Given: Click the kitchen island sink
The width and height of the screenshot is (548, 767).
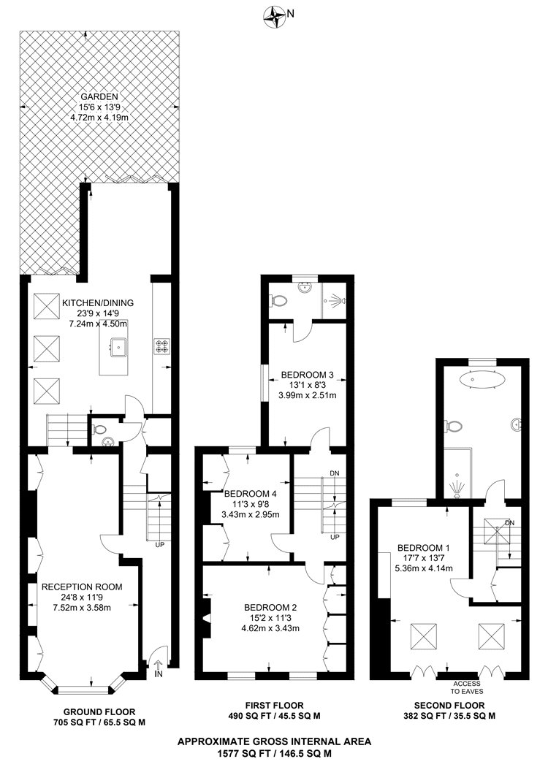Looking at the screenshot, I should click(117, 348).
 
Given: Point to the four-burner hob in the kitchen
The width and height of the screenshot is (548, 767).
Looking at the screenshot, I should click(161, 346).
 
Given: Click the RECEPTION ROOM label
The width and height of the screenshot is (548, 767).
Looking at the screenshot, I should click(82, 587).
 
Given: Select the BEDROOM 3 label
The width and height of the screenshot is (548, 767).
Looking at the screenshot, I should click(308, 376).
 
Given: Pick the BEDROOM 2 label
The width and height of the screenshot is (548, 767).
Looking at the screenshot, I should click(270, 607).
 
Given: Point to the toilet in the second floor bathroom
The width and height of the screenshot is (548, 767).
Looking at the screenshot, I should click(454, 426).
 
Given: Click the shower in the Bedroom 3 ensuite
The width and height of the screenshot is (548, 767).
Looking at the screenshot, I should click(335, 299).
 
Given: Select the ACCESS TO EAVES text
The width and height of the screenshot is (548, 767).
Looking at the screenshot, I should click(467, 687).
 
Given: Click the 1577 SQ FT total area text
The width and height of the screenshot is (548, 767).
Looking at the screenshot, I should click(274, 752).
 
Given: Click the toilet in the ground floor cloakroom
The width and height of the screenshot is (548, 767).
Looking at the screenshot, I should click(100, 430).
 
